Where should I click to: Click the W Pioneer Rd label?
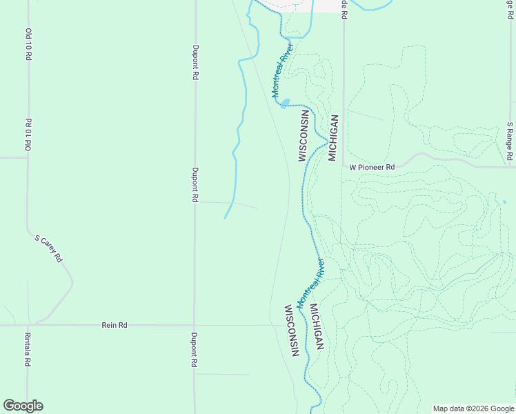[372, 167]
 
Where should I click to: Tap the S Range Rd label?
[510, 141]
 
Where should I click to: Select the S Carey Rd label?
[49, 248]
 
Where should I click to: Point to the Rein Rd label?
[115, 324]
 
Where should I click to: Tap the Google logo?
[23, 406]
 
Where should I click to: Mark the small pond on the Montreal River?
[284, 104]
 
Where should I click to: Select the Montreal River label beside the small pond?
[282, 70]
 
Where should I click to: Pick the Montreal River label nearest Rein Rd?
[310, 284]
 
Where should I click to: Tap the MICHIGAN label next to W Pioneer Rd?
[333, 137]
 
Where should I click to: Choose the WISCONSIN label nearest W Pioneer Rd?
[302, 135]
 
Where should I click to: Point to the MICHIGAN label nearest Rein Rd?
[316, 327]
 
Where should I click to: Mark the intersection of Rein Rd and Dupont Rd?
[195, 324]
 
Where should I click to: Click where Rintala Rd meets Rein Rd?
[28, 324]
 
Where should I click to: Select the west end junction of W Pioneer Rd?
[343, 167]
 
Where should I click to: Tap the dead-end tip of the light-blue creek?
[225, 219]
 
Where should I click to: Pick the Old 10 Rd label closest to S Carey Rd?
[29, 134]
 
